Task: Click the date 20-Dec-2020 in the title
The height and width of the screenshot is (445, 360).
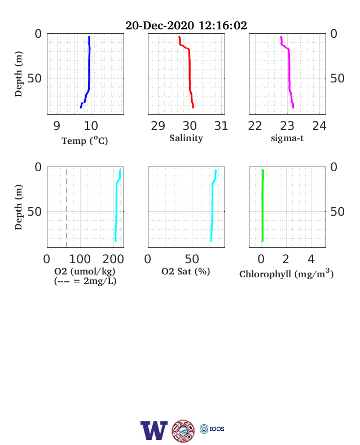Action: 160,25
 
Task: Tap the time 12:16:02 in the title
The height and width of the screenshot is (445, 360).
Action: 223,25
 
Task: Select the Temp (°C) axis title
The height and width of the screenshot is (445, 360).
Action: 85,141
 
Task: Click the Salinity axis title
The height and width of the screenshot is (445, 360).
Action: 186,138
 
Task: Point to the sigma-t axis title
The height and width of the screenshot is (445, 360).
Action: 287,138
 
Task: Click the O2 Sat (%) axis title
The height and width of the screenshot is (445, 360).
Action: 186,272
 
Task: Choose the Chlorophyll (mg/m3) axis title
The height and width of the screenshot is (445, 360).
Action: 286,273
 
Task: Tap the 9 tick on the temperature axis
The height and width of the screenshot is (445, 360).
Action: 56,126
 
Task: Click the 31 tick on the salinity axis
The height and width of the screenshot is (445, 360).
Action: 221,126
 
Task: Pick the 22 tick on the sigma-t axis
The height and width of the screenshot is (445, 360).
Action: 255,126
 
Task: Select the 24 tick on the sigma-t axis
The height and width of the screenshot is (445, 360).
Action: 319,126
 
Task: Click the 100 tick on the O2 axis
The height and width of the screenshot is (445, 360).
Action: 80,259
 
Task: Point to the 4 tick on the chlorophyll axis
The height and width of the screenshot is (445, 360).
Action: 311,259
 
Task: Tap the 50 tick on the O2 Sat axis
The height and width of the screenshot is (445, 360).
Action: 192,259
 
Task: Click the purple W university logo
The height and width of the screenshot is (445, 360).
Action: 154,430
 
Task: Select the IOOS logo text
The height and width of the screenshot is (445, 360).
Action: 217,429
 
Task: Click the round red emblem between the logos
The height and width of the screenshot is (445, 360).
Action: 183,431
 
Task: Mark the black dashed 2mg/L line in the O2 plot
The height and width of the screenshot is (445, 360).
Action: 67,208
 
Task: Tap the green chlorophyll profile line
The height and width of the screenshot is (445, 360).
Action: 262,206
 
